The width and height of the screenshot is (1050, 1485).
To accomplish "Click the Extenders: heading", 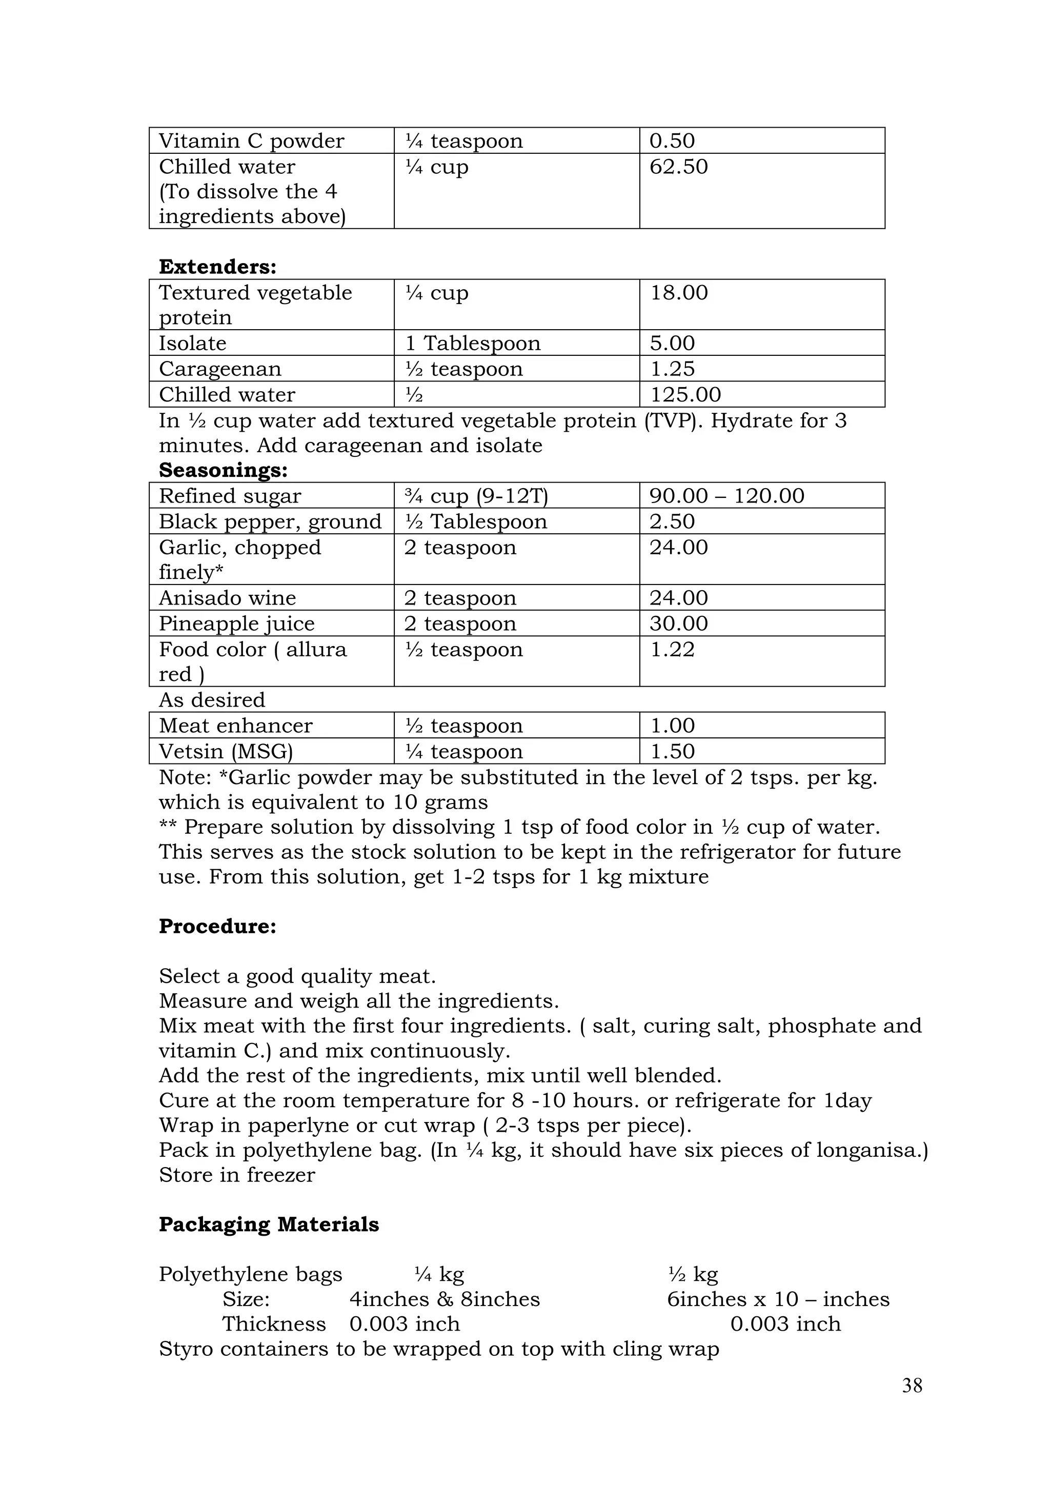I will click(x=217, y=267).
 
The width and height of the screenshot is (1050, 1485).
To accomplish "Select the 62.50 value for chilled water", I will click(x=678, y=167).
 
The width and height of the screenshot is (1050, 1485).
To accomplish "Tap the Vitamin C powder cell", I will click(x=252, y=141).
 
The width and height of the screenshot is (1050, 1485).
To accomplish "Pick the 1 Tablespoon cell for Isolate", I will click(x=472, y=344).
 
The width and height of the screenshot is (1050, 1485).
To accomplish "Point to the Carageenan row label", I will click(x=220, y=369).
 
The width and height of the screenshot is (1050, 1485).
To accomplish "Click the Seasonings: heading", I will click(x=223, y=470).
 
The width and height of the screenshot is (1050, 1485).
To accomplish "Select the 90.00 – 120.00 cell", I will click(x=726, y=496).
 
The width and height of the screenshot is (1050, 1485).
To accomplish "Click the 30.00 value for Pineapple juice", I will click(x=678, y=624).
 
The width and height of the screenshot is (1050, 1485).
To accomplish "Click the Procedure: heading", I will click(x=217, y=926).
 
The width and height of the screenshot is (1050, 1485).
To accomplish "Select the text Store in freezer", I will click(x=237, y=1175).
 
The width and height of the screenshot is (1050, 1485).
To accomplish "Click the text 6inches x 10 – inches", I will click(x=778, y=1299).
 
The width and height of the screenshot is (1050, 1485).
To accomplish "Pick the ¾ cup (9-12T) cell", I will click(x=476, y=496).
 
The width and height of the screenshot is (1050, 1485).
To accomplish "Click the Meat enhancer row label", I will click(x=235, y=726).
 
